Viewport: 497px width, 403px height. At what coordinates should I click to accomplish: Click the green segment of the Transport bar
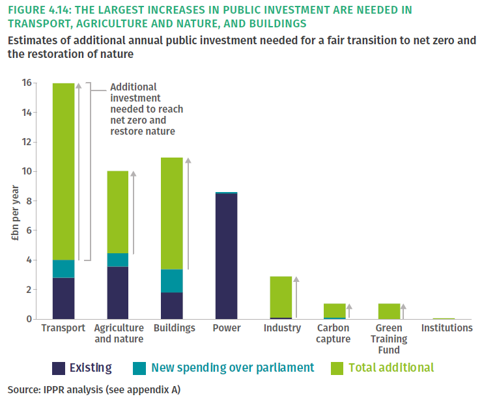coord(63,171)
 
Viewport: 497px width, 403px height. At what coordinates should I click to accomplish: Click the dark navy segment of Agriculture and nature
coord(118,293)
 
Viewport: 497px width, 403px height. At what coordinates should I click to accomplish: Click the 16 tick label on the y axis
coord(26,83)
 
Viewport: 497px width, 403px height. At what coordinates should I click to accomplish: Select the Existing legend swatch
coord(60,368)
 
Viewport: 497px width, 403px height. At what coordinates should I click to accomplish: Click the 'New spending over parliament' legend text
coord(233,368)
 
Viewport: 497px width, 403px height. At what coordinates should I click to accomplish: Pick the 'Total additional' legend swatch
coord(337,368)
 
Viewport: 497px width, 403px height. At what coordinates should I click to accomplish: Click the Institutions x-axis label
coord(447,328)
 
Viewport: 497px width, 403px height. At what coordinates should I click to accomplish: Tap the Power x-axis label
coord(227,328)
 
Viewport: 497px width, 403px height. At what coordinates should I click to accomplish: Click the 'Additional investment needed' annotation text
coord(147,109)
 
